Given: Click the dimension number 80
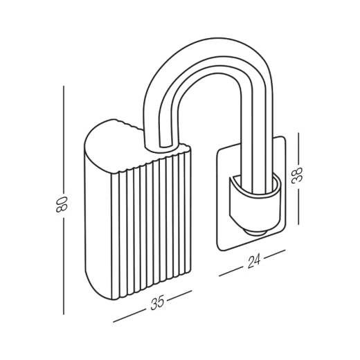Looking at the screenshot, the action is [62, 204].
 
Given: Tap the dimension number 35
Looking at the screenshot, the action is [157, 302].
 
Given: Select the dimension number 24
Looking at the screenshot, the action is [254, 261].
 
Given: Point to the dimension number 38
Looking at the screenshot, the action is [297, 175].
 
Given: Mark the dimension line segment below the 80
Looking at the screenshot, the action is [64, 266].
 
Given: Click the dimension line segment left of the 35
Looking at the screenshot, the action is [129, 316].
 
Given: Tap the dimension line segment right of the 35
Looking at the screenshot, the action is [179, 296].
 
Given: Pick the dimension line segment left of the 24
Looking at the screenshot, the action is [231, 272].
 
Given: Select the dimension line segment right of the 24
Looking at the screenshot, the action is [275, 255].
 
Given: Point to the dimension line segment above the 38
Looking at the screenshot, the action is [298, 148].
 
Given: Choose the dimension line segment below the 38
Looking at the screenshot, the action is [298, 206].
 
